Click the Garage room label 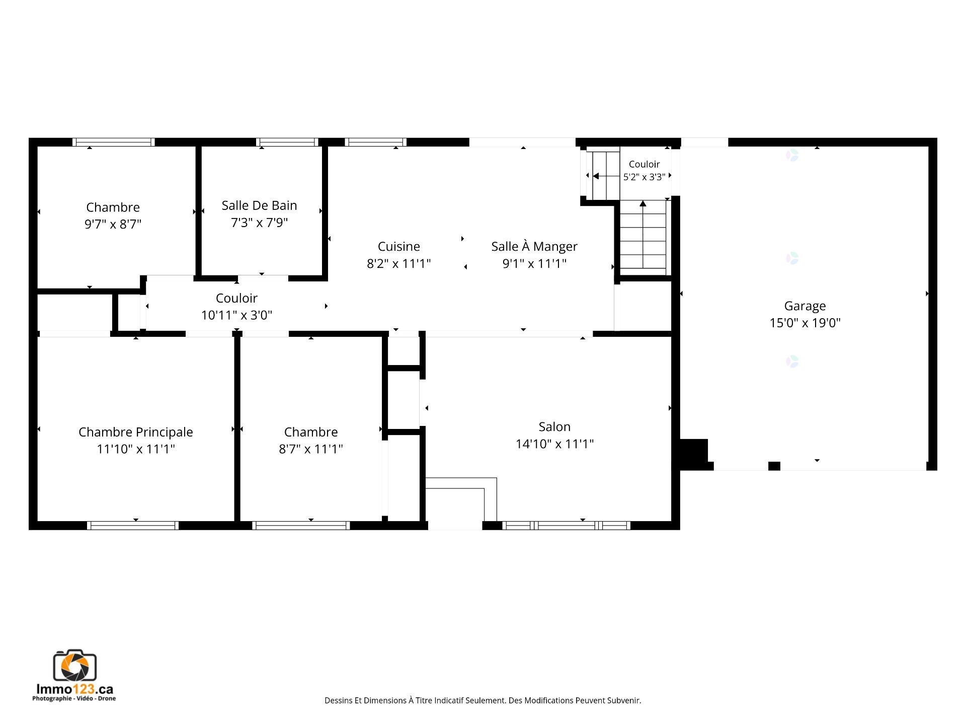pyautogui.click(x=805, y=306)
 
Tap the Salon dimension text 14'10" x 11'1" pyautogui.click(x=554, y=444)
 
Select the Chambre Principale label pyautogui.click(x=136, y=432)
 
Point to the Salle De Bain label pyautogui.click(x=259, y=205)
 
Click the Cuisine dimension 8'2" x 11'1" pyautogui.click(x=399, y=263)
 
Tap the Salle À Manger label pyautogui.click(x=534, y=246)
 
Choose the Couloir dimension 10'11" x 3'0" pyautogui.click(x=236, y=315)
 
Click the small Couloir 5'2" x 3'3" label pyautogui.click(x=645, y=170)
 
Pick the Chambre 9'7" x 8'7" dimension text pyautogui.click(x=113, y=224)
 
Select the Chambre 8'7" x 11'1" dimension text pyautogui.click(x=311, y=449)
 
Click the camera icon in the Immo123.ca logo pyautogui.click(x=75, y=666)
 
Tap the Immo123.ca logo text pyautogui.click(x=75, y=689)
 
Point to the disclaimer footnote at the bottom pyautogui.click(x=483, y=700)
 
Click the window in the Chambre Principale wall pyautogui.click(x=133, y=526)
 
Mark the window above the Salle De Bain pyautogui.click(x=287, y=142)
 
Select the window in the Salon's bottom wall pyautogui.click(x=567, y=526)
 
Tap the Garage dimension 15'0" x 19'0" pyautogui.click(x=805, y=323)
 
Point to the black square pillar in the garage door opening pyautogui.click(x=774, y=466)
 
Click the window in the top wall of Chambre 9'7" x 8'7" pyautogui.click(x=113, y=142)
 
